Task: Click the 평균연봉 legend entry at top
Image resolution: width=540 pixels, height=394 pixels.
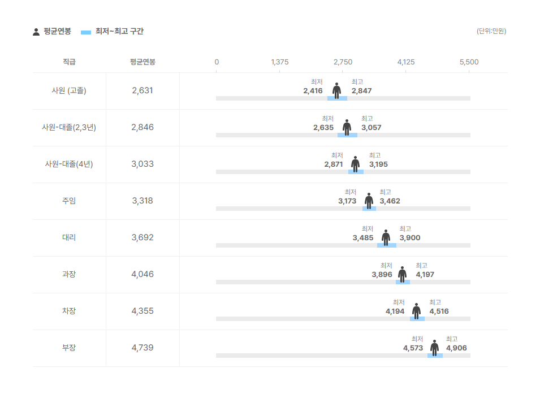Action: click(x=52, y=32)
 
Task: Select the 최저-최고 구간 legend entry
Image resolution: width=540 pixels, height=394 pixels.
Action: click(x=113, y=32)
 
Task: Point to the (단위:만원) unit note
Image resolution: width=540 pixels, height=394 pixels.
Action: click(x=491, y=32)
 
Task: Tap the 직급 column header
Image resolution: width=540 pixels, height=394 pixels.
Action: click(x=69, y=62)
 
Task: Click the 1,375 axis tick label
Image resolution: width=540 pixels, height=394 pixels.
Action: click(x=280, y=62)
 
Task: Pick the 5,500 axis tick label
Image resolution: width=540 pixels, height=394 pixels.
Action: click(x=469, y=62)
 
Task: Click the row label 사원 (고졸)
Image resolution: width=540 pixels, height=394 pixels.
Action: click(x=69, y=90)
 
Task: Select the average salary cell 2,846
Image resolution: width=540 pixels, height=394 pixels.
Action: click(x=142, y=127)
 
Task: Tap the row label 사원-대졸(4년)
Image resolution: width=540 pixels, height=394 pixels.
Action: click(x=69, y=164)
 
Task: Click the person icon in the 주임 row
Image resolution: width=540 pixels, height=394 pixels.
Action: click(x=369, y=200)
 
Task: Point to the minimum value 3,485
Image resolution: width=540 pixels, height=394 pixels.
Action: click(x=363, y=238)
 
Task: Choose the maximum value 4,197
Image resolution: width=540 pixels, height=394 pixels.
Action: click(x=425, y=275)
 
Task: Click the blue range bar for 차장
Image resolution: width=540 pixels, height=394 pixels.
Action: click(x=417, y=319)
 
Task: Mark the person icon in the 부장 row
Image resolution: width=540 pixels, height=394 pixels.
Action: click(x=434, y=347)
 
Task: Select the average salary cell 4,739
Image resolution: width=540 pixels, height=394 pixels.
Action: click(x=142, y=348)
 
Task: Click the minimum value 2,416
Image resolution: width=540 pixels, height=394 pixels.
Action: click(x=313, y=91)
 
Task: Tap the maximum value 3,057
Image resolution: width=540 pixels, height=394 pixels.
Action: click(x=371, y=128)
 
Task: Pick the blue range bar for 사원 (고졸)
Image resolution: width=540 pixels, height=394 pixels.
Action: click(x=337, y=98)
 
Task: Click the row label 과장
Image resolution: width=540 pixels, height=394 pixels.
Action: click(x=69, y=274)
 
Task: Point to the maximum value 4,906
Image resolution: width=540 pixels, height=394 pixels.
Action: click(x=456, y=348)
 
